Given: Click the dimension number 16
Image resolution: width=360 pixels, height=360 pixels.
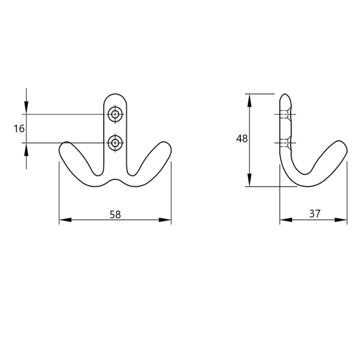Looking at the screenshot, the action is pos(19,129).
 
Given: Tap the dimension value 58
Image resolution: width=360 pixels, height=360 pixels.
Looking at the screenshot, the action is pos(115,215).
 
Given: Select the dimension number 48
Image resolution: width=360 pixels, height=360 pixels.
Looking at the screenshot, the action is pos(242,139).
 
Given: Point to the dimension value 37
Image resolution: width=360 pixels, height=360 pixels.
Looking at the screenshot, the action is pos(315,214).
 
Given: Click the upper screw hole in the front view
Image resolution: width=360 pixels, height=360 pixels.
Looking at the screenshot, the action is pos(115,114).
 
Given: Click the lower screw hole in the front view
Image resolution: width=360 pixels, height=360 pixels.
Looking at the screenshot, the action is pos(115,143).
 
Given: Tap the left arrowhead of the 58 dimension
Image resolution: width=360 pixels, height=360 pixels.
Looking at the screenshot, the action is pos(65,220).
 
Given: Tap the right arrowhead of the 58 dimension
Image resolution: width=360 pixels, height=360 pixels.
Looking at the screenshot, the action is pos(165,220).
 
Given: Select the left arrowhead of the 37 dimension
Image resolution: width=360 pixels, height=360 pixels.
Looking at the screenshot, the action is pos(286,220).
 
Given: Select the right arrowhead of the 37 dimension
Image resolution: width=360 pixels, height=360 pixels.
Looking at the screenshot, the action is pos(341,220).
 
